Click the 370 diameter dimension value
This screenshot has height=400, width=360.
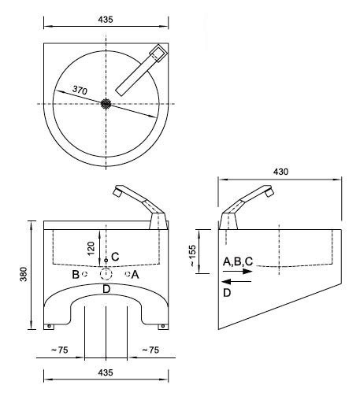tap(80, 91)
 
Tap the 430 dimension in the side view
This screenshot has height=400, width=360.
tap(280, 172)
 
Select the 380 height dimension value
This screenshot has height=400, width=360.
tap(24, 274)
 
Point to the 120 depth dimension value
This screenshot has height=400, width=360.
tap(91, 248)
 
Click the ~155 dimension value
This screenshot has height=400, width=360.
tap(192, 256)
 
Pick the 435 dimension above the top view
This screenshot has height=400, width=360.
tap(106, 20)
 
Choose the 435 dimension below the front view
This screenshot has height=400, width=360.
tap(106, 372)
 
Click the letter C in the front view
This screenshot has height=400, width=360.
tap(115, 257)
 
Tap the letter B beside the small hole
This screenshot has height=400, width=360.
tap(76, 275)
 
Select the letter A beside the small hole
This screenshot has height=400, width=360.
tap(135, 275)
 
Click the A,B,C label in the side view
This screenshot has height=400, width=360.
tap(238, 261)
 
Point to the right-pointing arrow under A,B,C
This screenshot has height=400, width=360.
tap(237, 271)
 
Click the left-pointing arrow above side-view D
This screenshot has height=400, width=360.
tap(236, 282)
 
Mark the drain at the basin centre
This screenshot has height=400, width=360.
tap(106, 104)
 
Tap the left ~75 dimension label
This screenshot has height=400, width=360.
tap(59, 350)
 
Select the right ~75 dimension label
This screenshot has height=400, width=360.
tap(150, 350)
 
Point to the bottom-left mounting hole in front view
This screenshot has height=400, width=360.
tap(49, 326)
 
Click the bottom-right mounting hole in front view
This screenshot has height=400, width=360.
tap(163, 326)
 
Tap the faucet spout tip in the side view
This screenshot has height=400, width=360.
tap(269, 192)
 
